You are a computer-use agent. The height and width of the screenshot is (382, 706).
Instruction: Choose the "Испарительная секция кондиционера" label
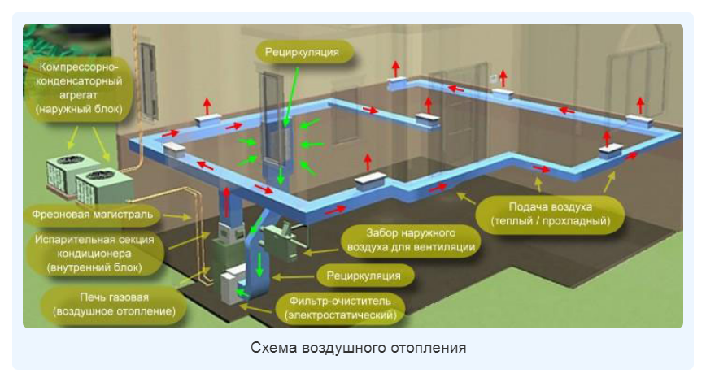pyautogui.click(x=95, y=253)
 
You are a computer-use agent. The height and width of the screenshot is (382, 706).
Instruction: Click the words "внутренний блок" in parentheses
pyautogui.click(x=95, y=267)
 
